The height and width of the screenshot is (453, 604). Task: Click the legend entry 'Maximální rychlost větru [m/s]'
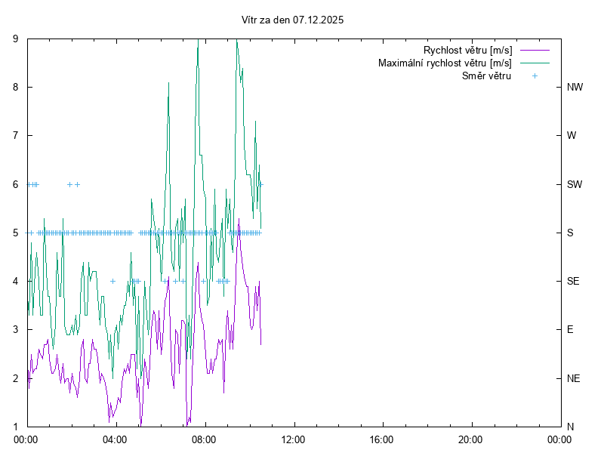coord(445,63)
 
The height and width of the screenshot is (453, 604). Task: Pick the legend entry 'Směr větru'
coord(486,75)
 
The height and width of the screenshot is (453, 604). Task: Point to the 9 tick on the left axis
coord(17,39)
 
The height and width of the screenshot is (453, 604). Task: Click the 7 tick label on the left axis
coord(17,135)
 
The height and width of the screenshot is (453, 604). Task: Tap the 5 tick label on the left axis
coord(17,233)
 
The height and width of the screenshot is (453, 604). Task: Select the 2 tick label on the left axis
coord(17,377)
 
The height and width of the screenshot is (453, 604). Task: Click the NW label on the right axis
coord(575,87)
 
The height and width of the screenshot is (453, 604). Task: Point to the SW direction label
coord(575,184)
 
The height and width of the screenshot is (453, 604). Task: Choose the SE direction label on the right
coord(573,281)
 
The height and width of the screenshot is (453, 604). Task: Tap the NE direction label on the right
coord(573,377)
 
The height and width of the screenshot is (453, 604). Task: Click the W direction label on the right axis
coord(572,135)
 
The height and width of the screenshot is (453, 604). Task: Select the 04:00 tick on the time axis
coord(116,439)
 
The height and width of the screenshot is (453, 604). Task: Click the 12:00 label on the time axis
coord(293,439)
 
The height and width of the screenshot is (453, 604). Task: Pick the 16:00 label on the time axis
coord(382,439)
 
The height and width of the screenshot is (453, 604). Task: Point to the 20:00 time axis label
coord(470,439)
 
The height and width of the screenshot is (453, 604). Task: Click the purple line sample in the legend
coord(534,51)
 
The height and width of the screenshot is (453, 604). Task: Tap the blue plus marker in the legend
coord(534,75)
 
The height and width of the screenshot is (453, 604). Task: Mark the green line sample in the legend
coord(534,63)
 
